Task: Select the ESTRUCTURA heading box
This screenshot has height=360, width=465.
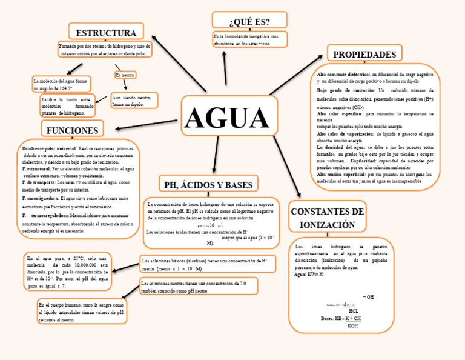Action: click(106, 32)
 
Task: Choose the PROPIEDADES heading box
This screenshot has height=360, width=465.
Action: click(364, 55)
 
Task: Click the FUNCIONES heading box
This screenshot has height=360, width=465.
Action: click(72, 130)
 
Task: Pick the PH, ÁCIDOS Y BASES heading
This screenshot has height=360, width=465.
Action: click(208, 184)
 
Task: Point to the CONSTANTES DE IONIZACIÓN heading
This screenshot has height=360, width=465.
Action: click(327, 218)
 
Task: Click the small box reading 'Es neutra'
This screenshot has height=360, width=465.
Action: click(125, 75)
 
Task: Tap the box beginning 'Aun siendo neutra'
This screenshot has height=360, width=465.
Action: click(134, 101)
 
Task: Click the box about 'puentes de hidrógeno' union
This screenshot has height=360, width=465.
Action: click(68, 105)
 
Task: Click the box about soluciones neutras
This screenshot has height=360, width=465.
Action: click(199, 287)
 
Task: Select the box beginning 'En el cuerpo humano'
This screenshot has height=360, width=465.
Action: click(82, 312)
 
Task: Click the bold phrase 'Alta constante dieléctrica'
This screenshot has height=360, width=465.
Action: click(343, 74)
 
